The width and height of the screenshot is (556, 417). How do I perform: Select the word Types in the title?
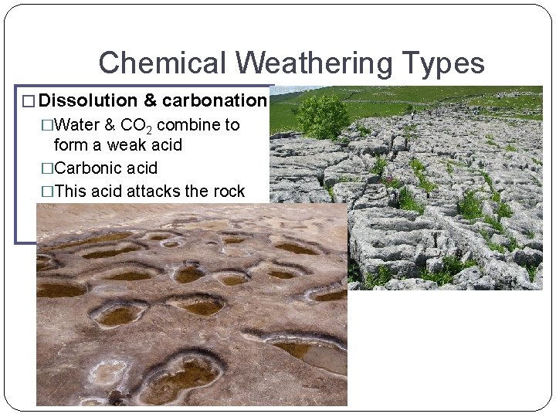tap(443, 63)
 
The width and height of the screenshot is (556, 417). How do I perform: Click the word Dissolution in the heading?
tap(86, 100)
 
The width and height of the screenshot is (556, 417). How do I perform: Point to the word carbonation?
tap(214, 100)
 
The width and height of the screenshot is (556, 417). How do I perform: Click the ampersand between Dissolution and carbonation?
tap(149, 100)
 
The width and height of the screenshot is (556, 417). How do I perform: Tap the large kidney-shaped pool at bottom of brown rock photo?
tap(179, 374)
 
